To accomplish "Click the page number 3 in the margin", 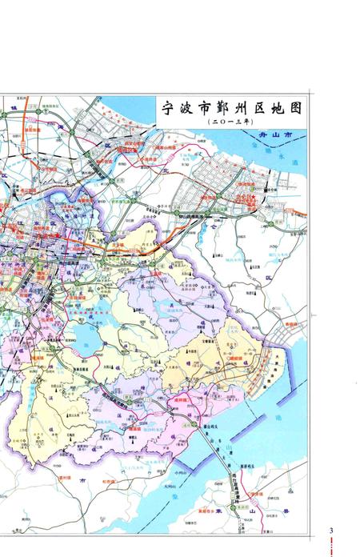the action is click(x=331, y=531).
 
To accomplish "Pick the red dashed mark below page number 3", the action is click(x=331, y=548).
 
